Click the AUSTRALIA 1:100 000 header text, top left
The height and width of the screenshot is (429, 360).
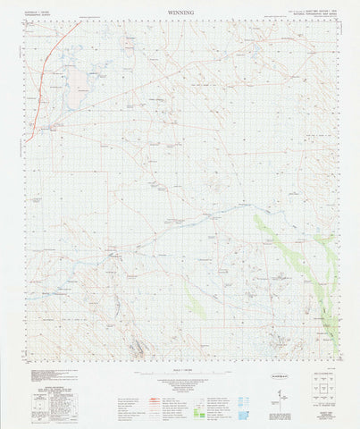(x=41, y=12)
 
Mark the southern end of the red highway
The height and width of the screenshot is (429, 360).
(x=27, y=138)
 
